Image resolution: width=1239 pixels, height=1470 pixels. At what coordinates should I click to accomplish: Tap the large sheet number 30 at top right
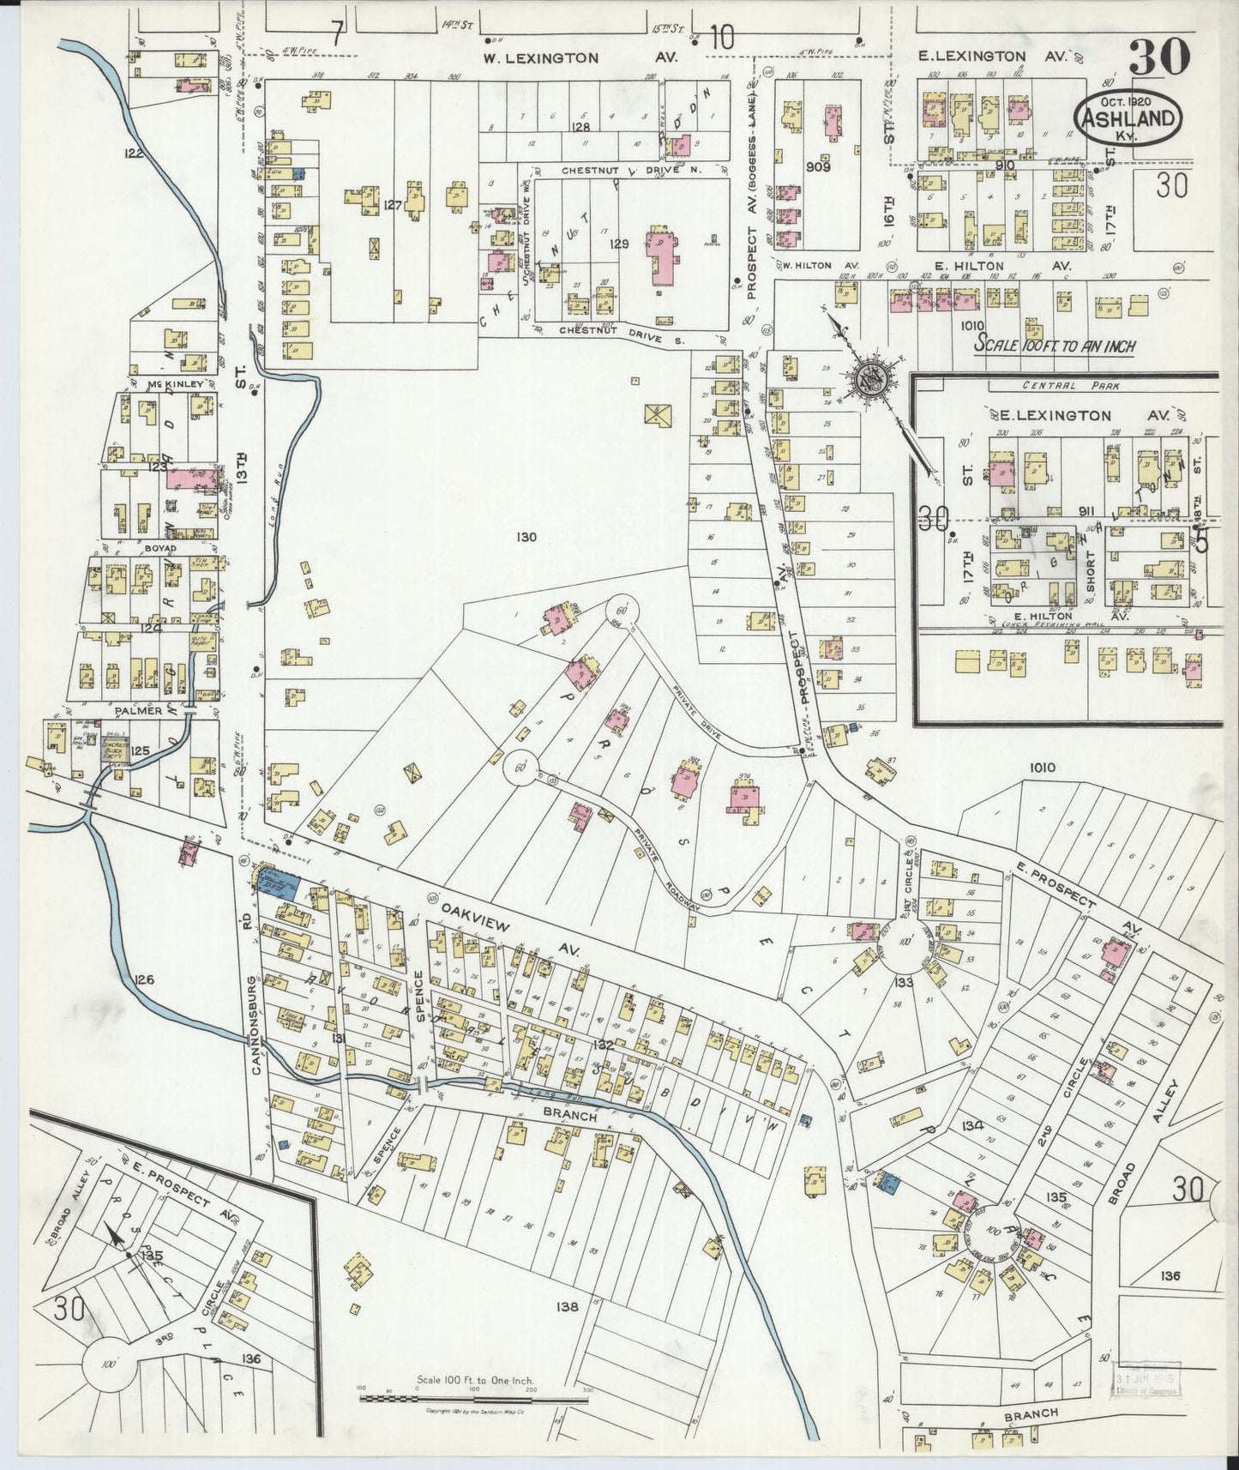coord(1158,57)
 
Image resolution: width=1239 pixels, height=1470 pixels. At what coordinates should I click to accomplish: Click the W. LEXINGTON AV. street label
coord(579,58)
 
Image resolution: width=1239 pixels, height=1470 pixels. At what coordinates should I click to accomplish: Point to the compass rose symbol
coord(870,380)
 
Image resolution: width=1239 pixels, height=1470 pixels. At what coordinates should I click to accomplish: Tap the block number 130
coord(526,538)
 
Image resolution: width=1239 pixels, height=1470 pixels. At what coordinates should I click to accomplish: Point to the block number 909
coord(818,166)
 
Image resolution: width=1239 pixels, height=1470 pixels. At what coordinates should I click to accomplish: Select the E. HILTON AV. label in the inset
coord(1042,615)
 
